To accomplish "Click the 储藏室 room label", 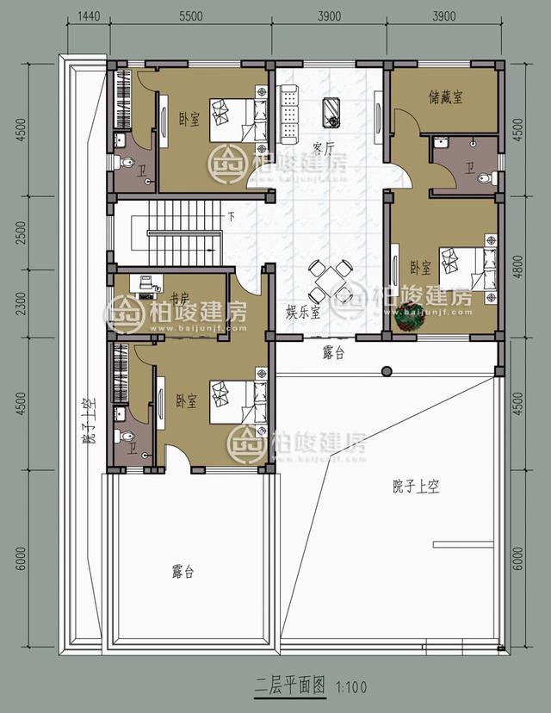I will pos(445,97).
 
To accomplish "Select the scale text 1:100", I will pos(352,687).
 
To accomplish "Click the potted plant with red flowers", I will pos(408,316).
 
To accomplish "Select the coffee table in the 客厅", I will pos(331,109).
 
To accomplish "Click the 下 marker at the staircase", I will pos(230,216).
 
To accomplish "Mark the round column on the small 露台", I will pos(387,371).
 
